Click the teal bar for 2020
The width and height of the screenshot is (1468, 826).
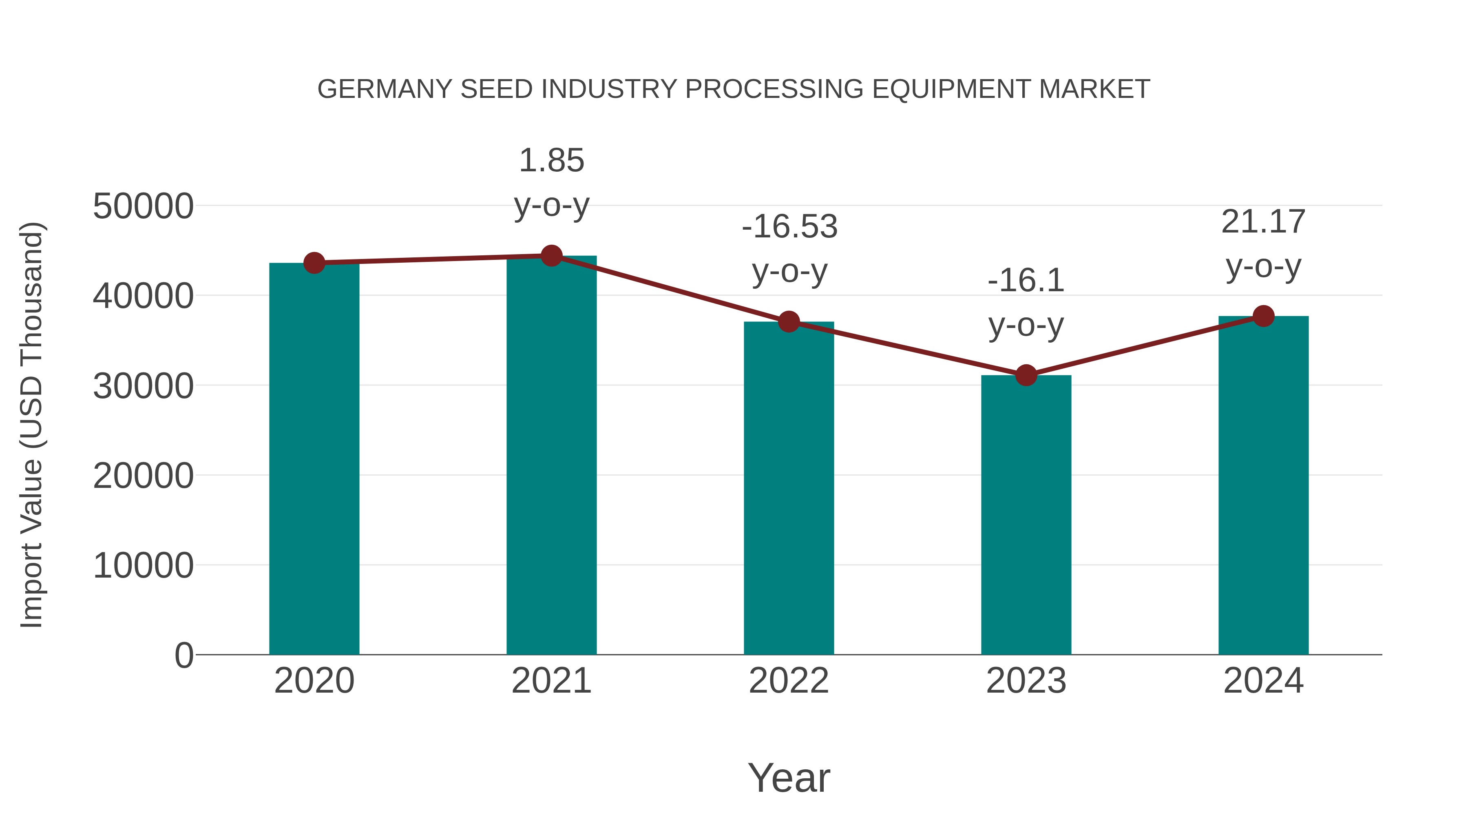point(314,459)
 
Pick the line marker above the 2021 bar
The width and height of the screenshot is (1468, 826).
point(551,256)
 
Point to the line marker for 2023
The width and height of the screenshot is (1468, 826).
point(1026,375)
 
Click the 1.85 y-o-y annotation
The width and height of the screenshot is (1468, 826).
point(551,182)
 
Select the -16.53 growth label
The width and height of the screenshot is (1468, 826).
point(789,248)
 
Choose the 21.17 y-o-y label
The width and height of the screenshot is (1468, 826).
point(1263,244)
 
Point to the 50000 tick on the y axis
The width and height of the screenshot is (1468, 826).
point(143,206)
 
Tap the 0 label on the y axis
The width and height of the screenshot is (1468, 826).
point(183,655)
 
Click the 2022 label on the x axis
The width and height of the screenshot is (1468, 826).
point(789,681)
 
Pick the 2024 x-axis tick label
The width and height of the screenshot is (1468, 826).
point(1263,681)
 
